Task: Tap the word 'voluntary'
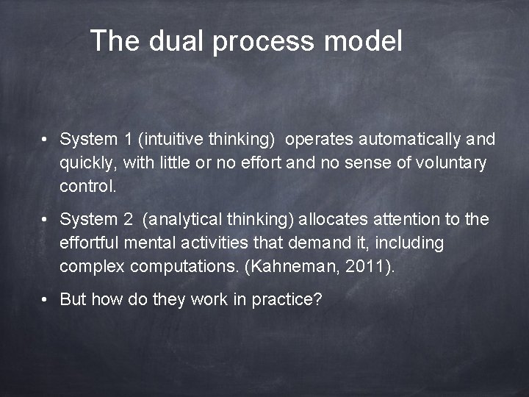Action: pos(451,163)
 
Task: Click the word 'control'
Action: pos(87,186)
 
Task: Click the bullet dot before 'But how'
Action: pos(46,300)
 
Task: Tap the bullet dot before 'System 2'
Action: pos(46,219)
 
